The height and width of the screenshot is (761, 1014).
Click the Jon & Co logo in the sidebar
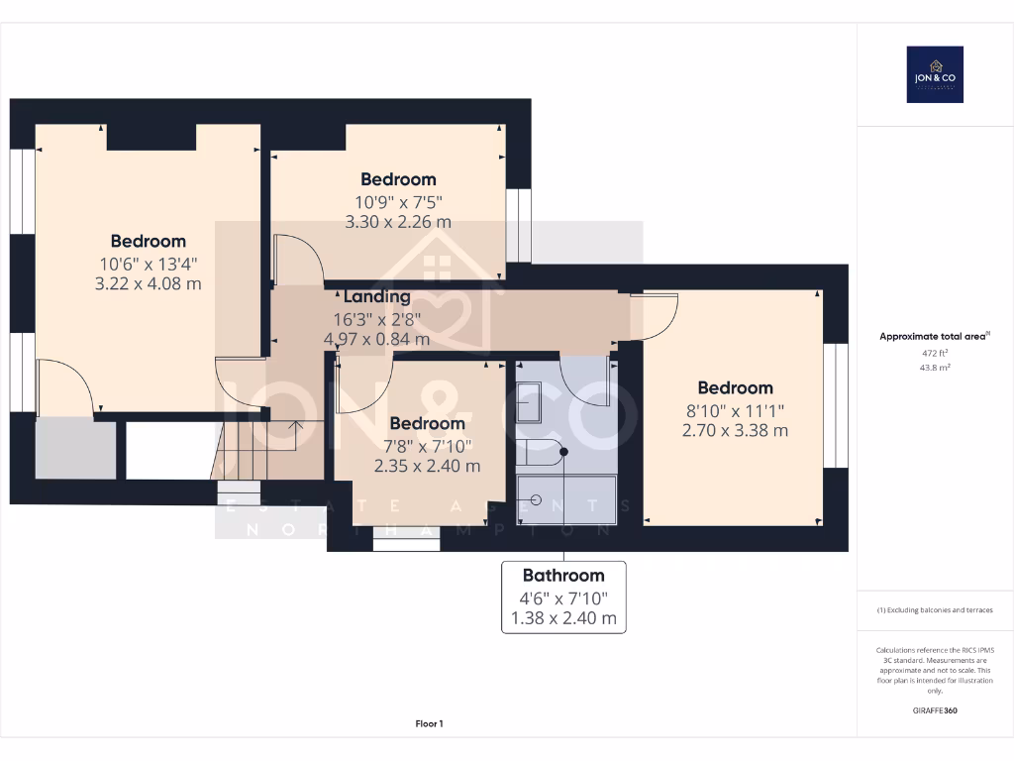click(x=935, y=74)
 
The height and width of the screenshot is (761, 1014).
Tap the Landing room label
click(x=376, y=296)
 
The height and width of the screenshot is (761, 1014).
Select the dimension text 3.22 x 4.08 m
click(x=150, y=283)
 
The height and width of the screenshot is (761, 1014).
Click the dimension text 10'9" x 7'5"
click(x=398, y=201)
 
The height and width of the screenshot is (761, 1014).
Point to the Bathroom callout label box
click(x=563, y=597)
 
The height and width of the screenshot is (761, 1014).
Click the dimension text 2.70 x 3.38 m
click(x=735, y=430)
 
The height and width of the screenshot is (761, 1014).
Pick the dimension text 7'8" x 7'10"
click(x=427, y=445)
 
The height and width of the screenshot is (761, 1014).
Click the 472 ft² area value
click(x=935, y=352)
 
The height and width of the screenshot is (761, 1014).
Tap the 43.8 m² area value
click(x=935, y=367)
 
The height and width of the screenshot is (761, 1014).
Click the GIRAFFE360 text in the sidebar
click(x=935, y=710)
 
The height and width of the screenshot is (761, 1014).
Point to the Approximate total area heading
click(x=934, y=337)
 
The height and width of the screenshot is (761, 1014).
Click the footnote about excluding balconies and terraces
click(x=935, y=610)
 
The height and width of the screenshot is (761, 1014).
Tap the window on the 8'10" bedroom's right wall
click(x=837, y=404)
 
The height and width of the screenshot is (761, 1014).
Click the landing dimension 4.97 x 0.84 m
click(x=376, y=339)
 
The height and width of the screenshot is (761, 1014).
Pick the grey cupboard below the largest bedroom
click(x=75, y=449)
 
